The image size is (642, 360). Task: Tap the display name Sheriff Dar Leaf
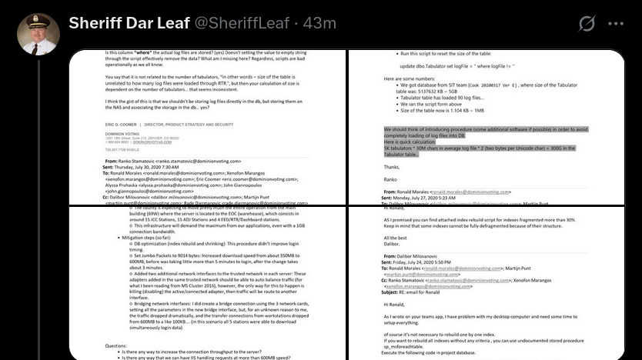[126, 23]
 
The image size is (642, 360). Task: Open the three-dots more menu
[617, 24]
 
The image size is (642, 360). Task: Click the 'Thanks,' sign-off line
[392, 166]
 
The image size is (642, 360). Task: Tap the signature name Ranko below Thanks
[392, 180]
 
